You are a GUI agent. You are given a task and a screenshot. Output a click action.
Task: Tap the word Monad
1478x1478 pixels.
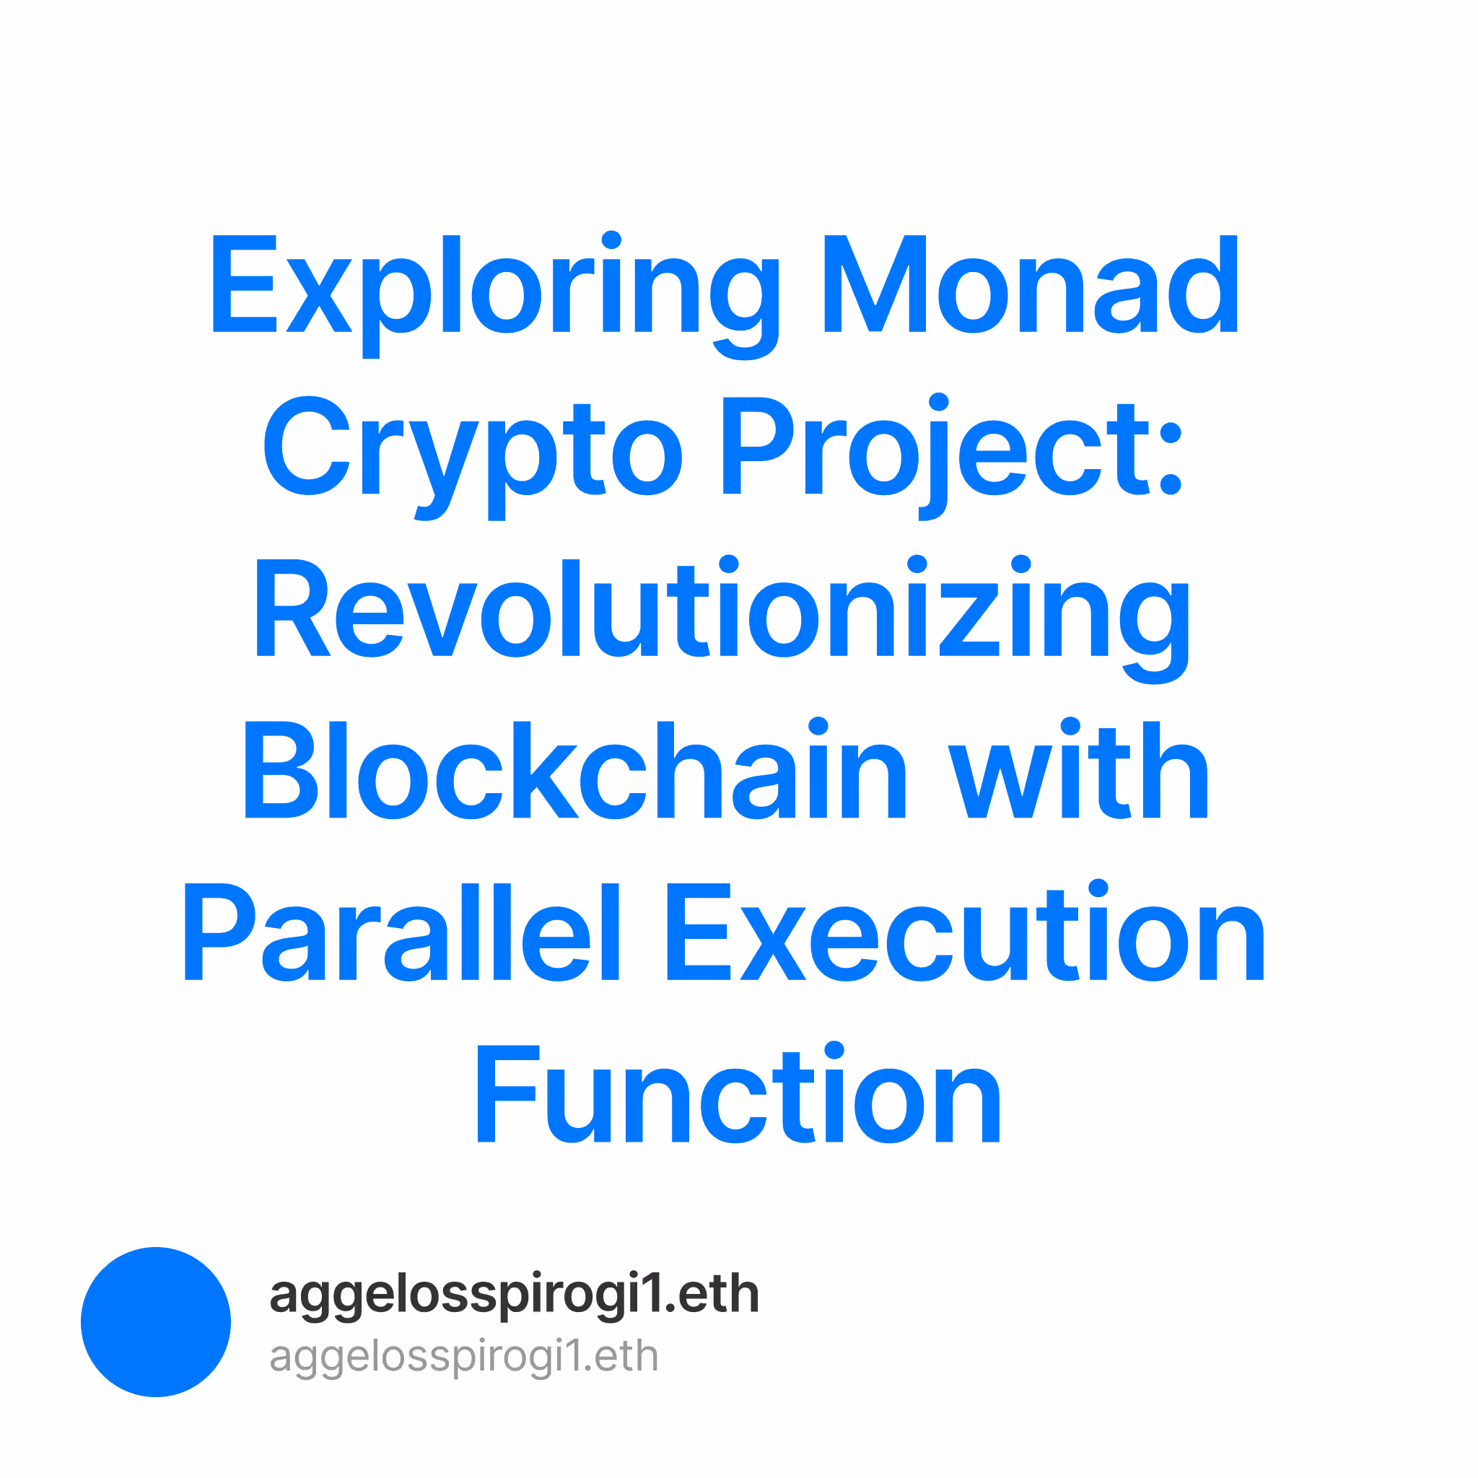1031,284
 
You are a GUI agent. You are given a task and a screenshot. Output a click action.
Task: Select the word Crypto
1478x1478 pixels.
473,458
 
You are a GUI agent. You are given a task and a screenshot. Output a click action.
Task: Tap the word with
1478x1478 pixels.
1079,768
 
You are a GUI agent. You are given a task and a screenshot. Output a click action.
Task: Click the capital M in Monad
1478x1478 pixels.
875,284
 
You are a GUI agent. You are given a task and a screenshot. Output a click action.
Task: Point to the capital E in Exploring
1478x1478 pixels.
244,284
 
